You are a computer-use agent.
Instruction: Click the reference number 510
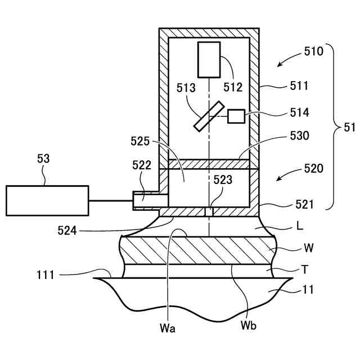pos(314,51)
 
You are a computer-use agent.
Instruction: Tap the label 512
pos(233,87)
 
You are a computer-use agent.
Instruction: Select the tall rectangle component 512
pos(209,60)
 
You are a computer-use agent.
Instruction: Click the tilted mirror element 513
pos(209,116)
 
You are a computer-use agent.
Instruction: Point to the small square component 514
pos(236,116)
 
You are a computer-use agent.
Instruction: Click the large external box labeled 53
pos(47,201)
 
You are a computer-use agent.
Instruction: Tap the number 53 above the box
pos(43,159)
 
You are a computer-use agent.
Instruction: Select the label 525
pos(140,141)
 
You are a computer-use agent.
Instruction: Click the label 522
pos(142,165)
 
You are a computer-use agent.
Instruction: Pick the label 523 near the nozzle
pos(223,180)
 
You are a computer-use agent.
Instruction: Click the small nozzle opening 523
pos(209,211)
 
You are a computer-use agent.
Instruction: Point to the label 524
pos(67,231)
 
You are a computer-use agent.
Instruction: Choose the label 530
pos(299,136)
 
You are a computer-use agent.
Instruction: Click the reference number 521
pos(304,204)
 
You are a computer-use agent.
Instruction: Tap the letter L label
pos(300,226)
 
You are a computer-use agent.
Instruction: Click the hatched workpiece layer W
pos(197,250)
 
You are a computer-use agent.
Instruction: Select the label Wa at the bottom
pos(168,328)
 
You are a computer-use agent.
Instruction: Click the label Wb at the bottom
pos(249,325)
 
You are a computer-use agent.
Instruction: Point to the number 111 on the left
pos(45,275)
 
